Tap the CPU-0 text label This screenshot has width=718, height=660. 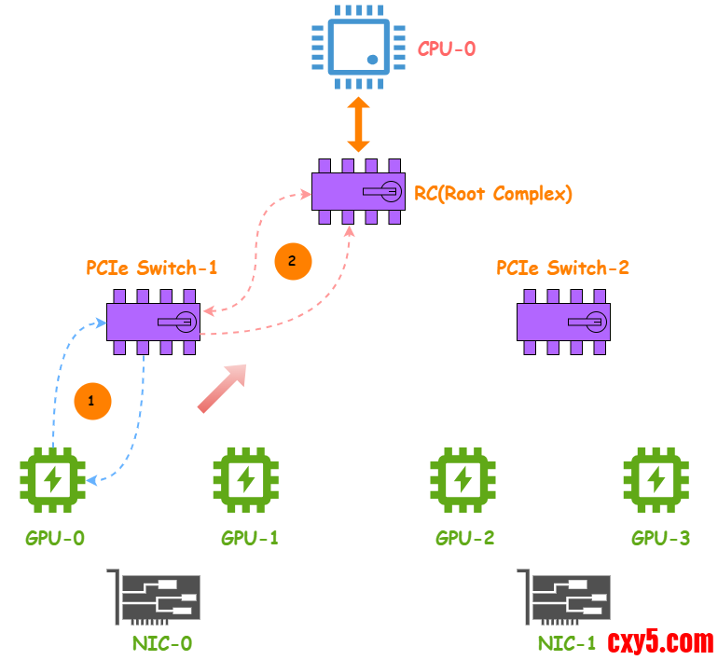click(x=446, y=48)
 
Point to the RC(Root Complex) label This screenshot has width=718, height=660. click(x=493, y=194)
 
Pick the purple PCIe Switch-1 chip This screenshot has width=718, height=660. click(x=153, y=322)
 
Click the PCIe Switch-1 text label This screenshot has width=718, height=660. click(x=152, y=268)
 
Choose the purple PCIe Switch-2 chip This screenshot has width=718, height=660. click(x=563, y=322)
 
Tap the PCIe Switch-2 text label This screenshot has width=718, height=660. click(x=562, y=268)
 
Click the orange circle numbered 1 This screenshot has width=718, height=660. click(x=91, y=401)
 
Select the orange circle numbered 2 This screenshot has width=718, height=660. click(x=292, y=262)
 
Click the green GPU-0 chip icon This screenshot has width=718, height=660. click(x=53, y=480)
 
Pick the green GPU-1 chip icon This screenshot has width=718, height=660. click(x=246, y=480)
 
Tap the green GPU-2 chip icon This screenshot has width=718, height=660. click(x=463, y=480)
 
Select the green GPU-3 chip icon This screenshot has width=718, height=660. click(x=657, y=480)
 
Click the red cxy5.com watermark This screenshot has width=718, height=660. click(x=661, y=641)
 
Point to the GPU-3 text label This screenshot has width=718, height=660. click(x=660, y=538)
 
